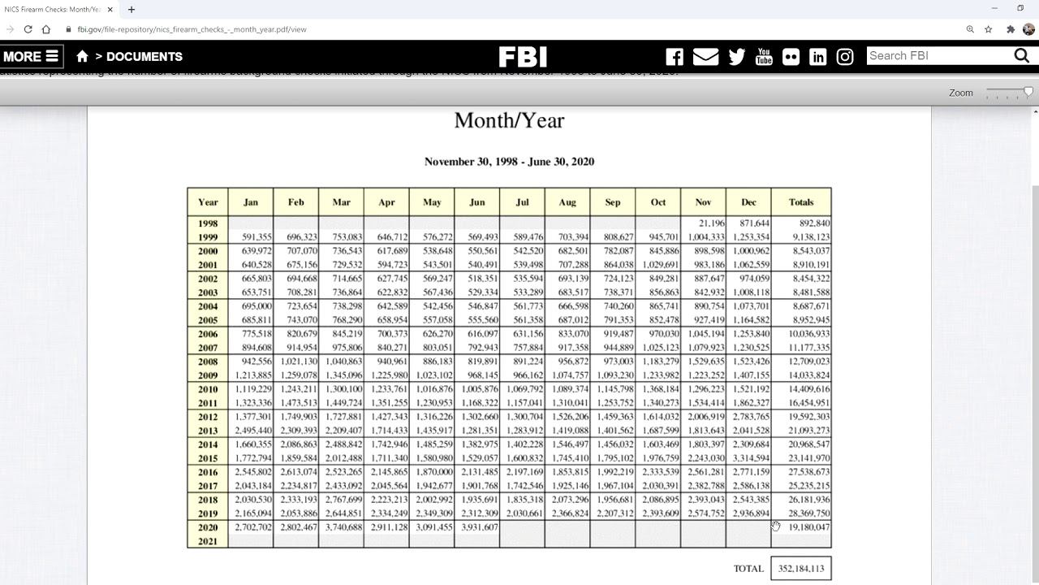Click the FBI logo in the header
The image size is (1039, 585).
coord(523,57)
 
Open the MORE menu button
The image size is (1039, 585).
coord(31,57)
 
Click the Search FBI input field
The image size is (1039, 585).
coord(938,56)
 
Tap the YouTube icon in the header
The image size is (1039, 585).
coord(764,57)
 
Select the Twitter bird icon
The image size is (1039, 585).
coord(737,57)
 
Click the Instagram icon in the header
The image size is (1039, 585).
coord(845,57)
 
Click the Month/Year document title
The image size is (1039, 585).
coord(509,120)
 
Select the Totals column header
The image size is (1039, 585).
coord(801,202)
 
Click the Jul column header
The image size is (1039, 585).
coord(522,202)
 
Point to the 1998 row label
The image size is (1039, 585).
coord(208,223)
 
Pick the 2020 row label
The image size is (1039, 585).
coord(208,527)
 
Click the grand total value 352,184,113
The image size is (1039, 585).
coord(801,569)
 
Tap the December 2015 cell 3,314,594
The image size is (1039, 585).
coord(750,458)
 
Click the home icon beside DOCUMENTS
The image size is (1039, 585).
coord(82,57)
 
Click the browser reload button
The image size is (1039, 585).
coord(28,29)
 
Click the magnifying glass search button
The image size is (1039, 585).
coord(1022,56)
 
